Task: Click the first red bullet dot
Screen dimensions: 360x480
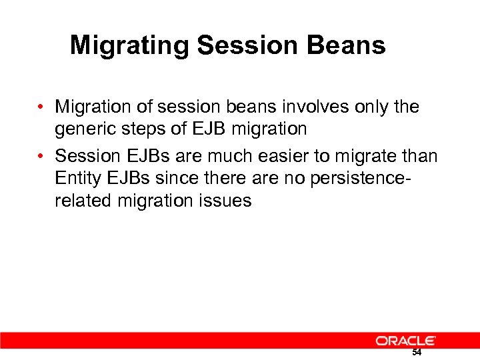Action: click(41, 107)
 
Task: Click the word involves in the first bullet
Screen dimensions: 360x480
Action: click(310, 107)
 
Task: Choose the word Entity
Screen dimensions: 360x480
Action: click(76, 178)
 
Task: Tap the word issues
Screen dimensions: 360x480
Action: click(226, 201)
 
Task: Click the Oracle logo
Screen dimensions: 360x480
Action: click(405, 341)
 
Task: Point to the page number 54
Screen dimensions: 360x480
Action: click(417, 353)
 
